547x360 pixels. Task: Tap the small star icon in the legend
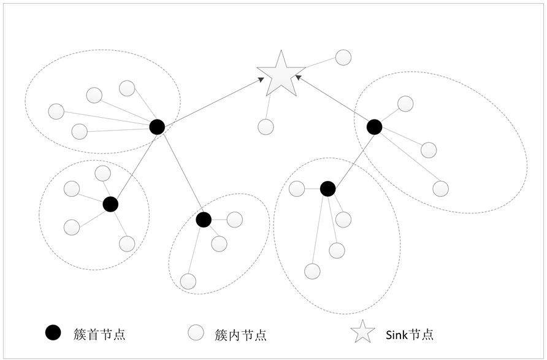pos(362,332)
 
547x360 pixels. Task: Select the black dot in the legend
pos(53,333)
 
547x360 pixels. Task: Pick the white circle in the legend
pos(195,333)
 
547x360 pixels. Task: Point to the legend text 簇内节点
pos(241,334)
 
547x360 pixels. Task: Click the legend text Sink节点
pos(410,334)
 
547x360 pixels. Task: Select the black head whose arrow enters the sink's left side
pos(157,127)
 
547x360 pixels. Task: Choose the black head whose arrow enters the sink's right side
pos(374,127)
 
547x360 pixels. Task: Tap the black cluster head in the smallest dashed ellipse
pos(204,219)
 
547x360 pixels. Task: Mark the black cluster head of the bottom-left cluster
pos(110,204)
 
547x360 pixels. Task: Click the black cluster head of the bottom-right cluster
pos(328,189)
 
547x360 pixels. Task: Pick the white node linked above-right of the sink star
pos(343,58)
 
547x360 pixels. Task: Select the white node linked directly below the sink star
pos(266,127)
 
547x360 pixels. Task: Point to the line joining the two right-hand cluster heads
pos(351,158)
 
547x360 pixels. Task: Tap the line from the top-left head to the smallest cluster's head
pos(180,173)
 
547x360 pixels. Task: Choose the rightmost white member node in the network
pos(440,188)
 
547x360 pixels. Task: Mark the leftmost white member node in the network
pos(56,112)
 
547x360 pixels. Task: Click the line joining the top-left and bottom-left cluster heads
pos(134,166)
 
